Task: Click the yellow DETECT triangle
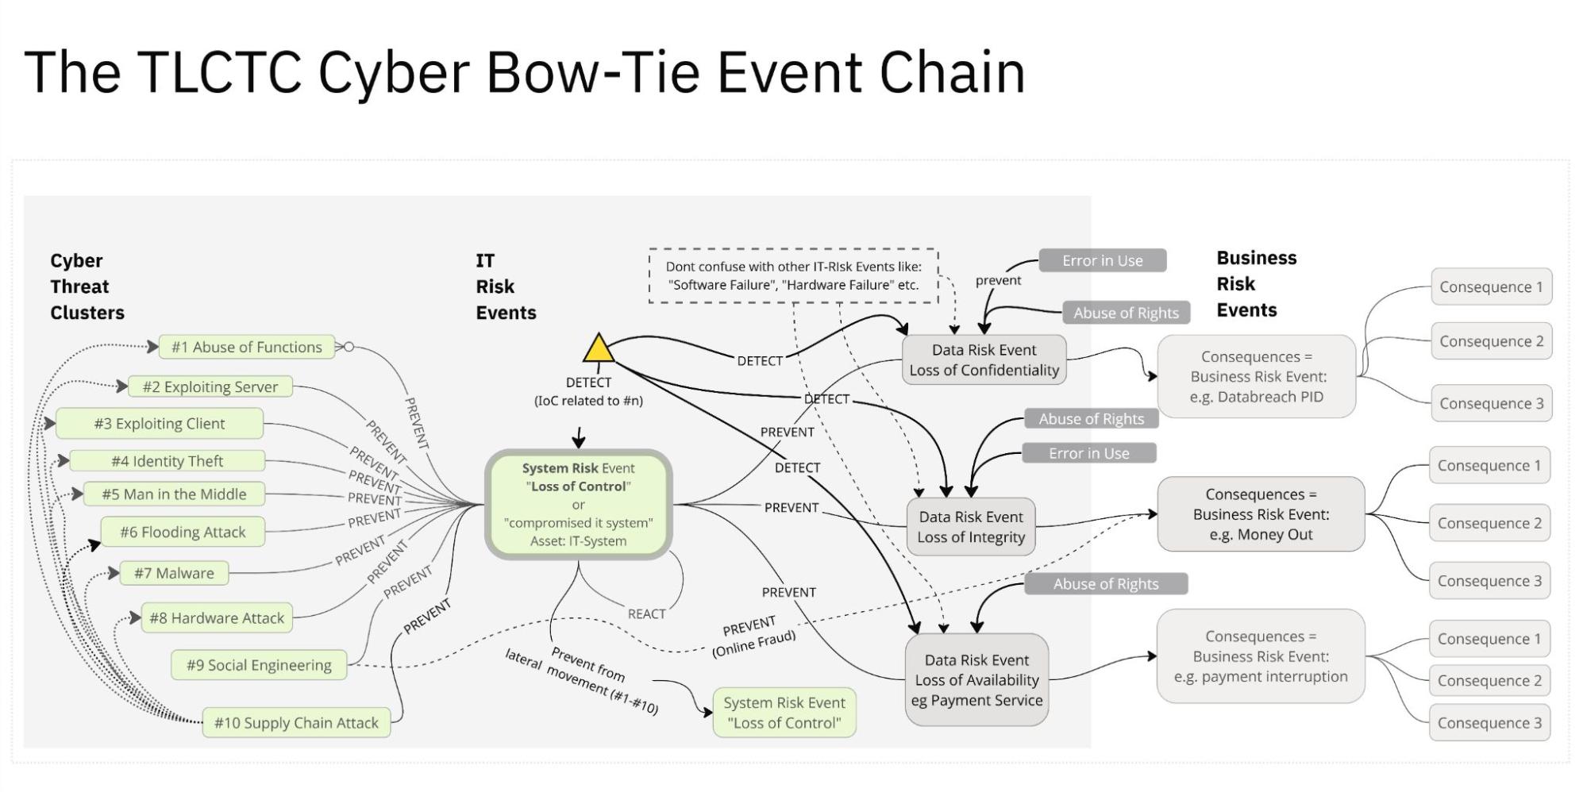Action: pos(599,350)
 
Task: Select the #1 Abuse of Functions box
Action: pos(247,347)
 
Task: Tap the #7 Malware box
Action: pos(174,573)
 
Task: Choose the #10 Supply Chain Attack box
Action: pos(296,723)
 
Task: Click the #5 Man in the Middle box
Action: pos(174,494)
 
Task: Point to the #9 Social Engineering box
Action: pos(259,665)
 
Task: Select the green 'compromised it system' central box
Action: pos(578,505)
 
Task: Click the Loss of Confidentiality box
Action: pos(984,360)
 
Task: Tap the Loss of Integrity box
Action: pos(971,527)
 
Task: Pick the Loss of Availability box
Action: pos(976,680)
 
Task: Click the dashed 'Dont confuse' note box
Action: pos(793,276)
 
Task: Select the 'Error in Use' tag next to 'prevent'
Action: pos(1103,260)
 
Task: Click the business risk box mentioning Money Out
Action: pos(1261,514)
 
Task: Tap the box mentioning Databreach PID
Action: pos(1256,377)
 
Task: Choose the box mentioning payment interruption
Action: pos(1261,656)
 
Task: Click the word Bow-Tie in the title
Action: pos(593,73)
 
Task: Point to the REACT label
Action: pos(646,614)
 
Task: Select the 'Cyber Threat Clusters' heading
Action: pos(87,286)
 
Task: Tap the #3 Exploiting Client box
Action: pos(160,424)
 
